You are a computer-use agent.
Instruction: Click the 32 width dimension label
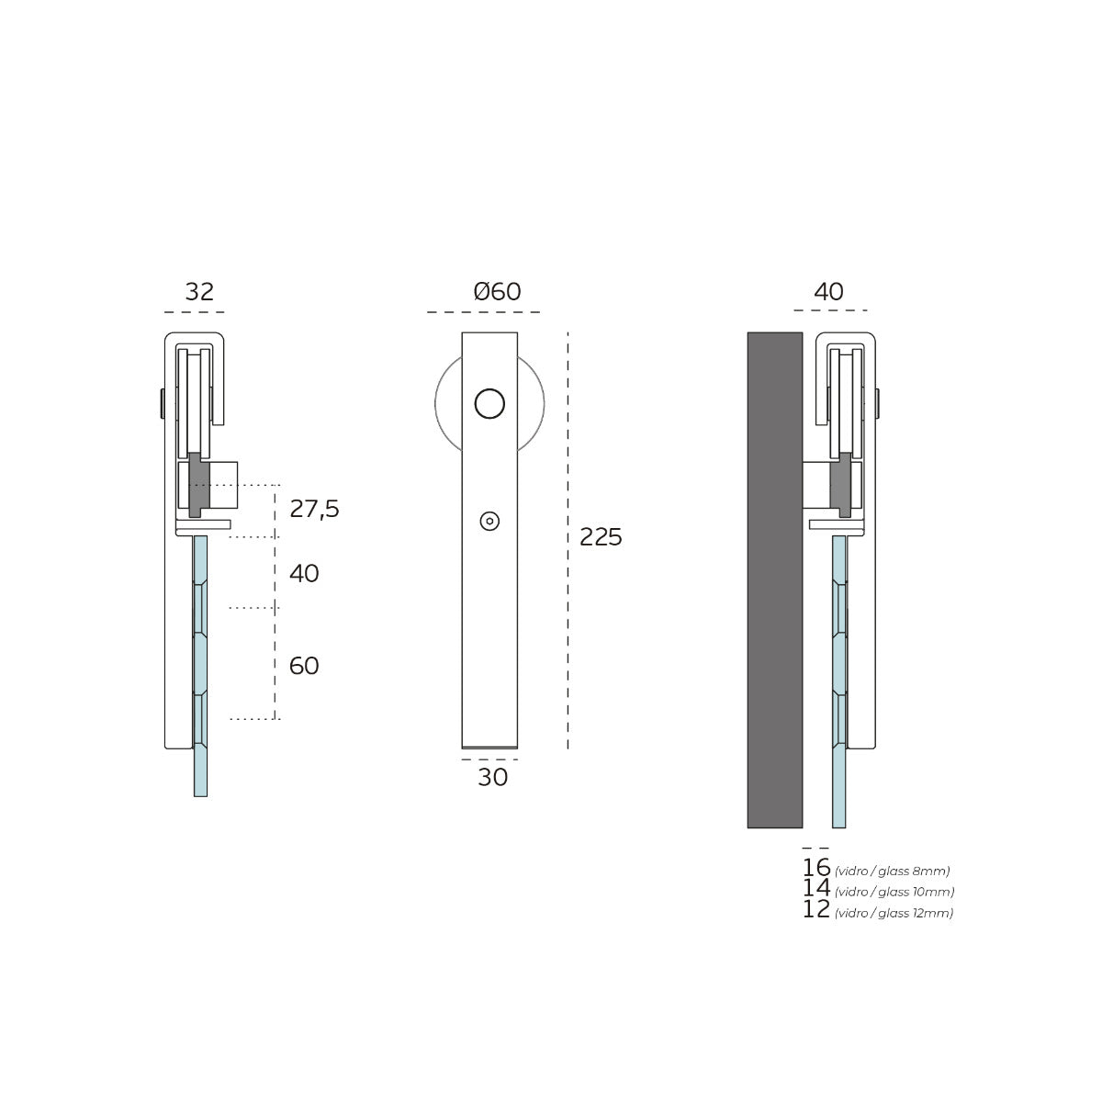click(199, 292)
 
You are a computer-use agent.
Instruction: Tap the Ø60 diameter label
click(497, 292)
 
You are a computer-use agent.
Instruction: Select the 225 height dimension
click(601, 537)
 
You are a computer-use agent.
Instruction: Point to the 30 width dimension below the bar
click(492, 777)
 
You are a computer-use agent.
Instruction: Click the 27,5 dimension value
click(315, 509)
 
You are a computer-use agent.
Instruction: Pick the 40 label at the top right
click(828, 292)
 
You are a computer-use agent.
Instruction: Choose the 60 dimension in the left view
click(304, 666)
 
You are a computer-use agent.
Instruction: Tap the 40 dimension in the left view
click(304, 573)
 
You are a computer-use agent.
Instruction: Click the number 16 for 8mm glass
click(816, 868)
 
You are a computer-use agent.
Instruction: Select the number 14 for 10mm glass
click(816, 887)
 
